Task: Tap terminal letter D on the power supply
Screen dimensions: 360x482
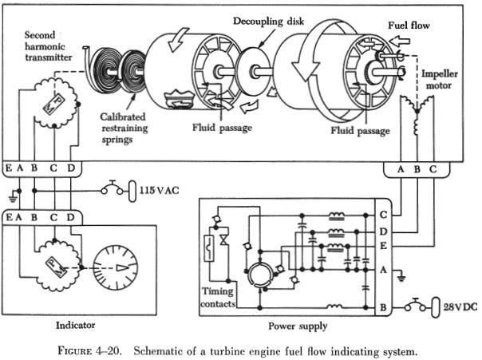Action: [x=385, y=231]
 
